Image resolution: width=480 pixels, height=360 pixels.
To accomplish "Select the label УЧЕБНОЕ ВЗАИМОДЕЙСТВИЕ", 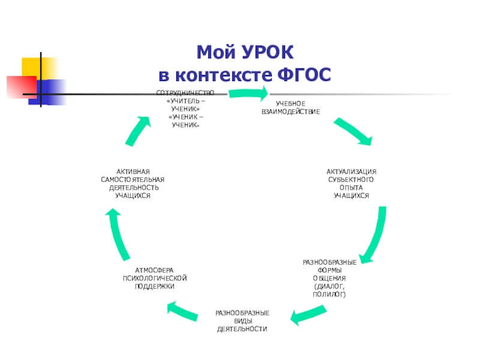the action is pos(290,108).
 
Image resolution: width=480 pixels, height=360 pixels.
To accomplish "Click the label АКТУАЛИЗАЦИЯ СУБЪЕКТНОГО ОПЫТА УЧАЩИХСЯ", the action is pos(351,184).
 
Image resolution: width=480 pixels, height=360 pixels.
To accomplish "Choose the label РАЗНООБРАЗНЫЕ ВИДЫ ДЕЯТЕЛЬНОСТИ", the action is pos(242,322).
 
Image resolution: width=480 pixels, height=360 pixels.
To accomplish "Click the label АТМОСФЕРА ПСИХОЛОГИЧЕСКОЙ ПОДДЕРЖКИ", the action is pos(155,278).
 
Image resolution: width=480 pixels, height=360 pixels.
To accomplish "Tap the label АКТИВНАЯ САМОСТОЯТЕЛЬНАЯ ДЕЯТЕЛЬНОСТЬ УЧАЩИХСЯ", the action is pos(133,184).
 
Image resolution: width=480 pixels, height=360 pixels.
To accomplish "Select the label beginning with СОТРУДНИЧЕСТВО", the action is pos(185,109).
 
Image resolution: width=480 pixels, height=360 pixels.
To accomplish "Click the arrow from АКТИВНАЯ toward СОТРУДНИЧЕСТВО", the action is pos(137,130).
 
